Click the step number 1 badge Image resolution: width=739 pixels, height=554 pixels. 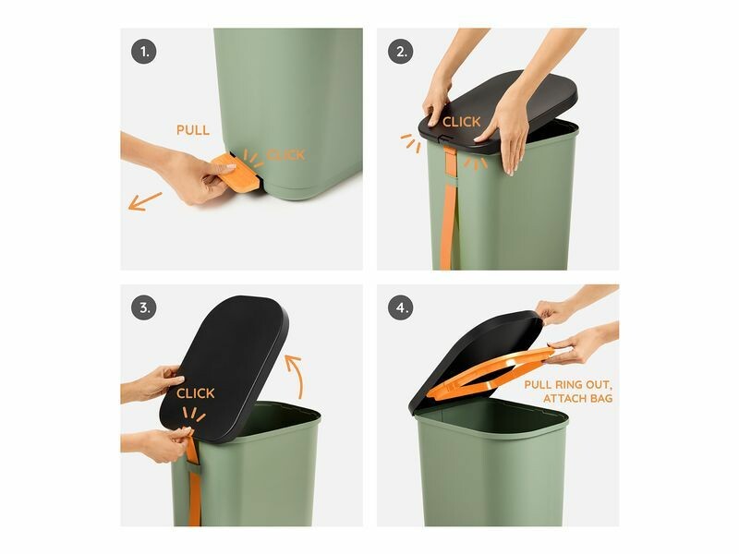144,52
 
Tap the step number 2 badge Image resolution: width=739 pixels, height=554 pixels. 401,52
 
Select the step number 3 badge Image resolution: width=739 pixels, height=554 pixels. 144,307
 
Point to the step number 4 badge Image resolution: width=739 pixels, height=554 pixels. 401,307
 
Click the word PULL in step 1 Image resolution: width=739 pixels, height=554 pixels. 193,130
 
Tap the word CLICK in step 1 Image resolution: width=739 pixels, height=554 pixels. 285,155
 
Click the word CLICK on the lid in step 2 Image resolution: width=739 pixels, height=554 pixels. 461,122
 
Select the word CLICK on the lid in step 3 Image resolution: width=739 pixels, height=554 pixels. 196,393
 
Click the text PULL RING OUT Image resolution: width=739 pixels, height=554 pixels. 568,384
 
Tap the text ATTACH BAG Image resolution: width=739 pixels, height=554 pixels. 578,399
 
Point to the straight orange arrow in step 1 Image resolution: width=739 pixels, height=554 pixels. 145,201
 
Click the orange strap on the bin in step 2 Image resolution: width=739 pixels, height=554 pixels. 449,207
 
